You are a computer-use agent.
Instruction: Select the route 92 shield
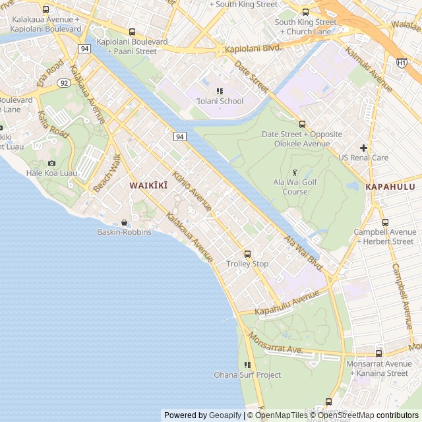pos(63,83)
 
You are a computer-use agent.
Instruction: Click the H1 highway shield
pos(402,62)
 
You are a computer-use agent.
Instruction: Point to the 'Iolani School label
pos(220,101)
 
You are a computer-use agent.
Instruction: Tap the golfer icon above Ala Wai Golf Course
pos(295,171)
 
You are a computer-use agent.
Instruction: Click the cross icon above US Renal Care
pos(363,148)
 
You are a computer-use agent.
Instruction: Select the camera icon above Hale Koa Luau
pos(51,163)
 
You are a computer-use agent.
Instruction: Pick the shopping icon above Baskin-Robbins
pos(124,222)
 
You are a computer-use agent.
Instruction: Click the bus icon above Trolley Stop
pos(248,254)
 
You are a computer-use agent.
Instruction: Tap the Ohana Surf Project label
pos(247,375)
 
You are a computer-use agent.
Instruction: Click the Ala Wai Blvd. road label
pos(304,253)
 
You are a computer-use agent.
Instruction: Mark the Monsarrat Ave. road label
pos(275,343)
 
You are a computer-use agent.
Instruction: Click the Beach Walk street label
pos(107,173)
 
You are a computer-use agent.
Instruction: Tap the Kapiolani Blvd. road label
pos(253,48)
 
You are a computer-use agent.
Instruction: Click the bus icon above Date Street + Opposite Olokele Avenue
pos(302,124)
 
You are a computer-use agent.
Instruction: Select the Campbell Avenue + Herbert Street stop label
pos(384,237)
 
